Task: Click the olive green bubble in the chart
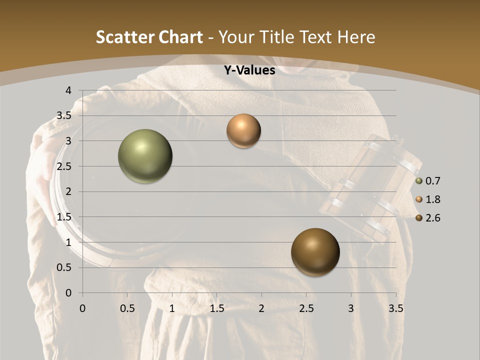click(x=145, y=156)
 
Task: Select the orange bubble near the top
click(x=243, y=131)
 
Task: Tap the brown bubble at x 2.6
click(x=315, y=252)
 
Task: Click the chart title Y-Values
click(x=249, y=70)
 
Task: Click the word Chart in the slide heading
click(x=181, y=37)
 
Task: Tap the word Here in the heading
click(x=356, y=37)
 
